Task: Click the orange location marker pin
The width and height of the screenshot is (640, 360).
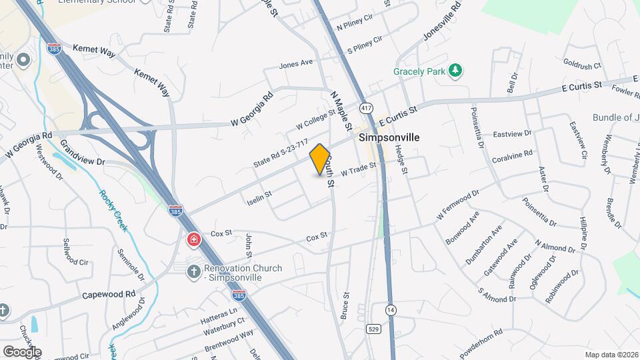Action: [x=320, y=159]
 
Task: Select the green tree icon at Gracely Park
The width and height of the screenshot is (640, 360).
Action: [x=455, y=71]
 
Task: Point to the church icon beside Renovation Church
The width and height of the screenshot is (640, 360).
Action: [x=194, y=271]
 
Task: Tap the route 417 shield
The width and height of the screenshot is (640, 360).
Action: [x=366, y=108]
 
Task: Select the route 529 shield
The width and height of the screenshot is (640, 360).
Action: [x=373, y=329]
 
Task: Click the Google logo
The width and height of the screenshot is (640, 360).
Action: [x=22, y=351]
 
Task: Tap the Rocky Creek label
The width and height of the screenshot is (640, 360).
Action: [x=114, y=211]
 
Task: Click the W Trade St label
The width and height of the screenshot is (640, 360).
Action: [x=359, y=169]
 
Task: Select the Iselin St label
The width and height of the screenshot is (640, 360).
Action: [x=259, y=197]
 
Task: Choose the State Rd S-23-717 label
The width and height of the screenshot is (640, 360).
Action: [x=281, y=154]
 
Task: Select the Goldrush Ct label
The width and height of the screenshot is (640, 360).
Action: [x=582, y=65]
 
